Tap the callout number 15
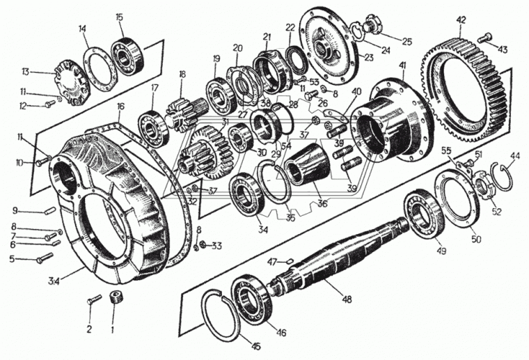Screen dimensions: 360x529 119,17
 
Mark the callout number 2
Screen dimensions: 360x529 89,328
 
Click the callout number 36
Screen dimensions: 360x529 322,203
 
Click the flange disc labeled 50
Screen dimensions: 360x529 457,203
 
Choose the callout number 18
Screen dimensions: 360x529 183,74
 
